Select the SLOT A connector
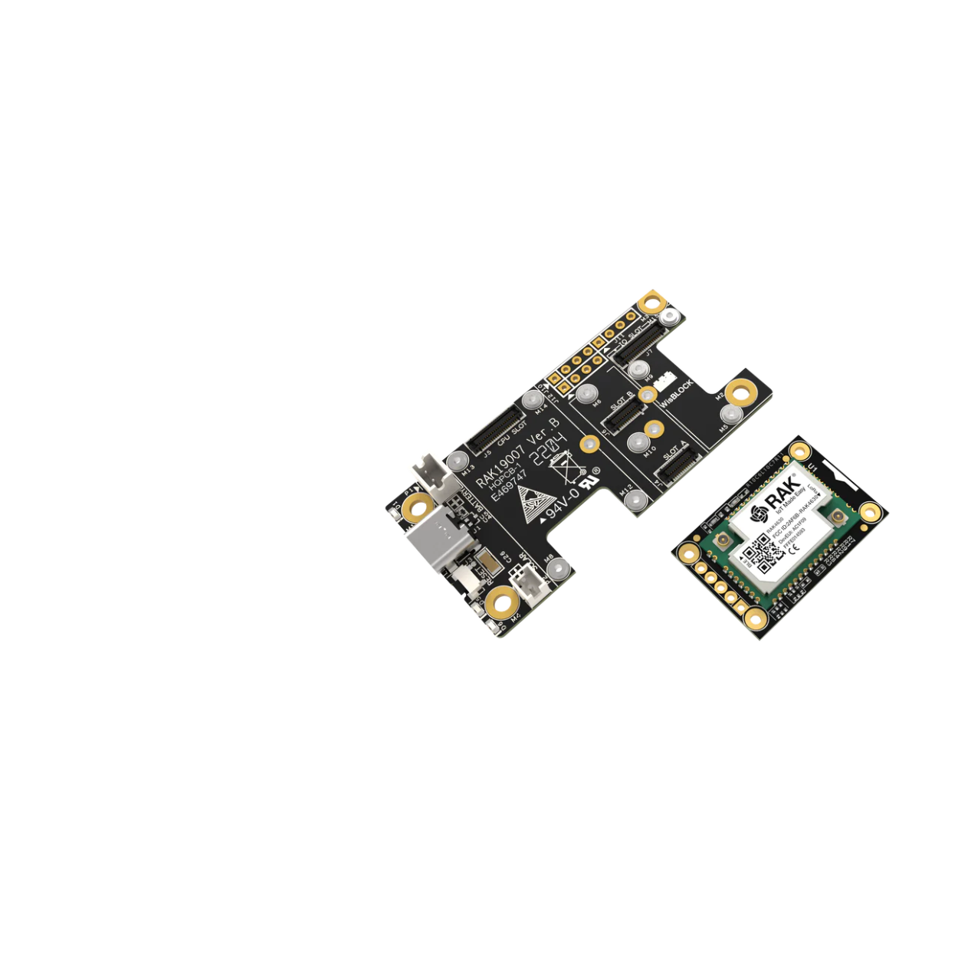pos(677,466)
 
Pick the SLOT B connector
pos(622,415)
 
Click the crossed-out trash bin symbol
pos(568,468)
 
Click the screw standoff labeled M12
pos(635,500)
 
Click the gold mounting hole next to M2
pos(740,395)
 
